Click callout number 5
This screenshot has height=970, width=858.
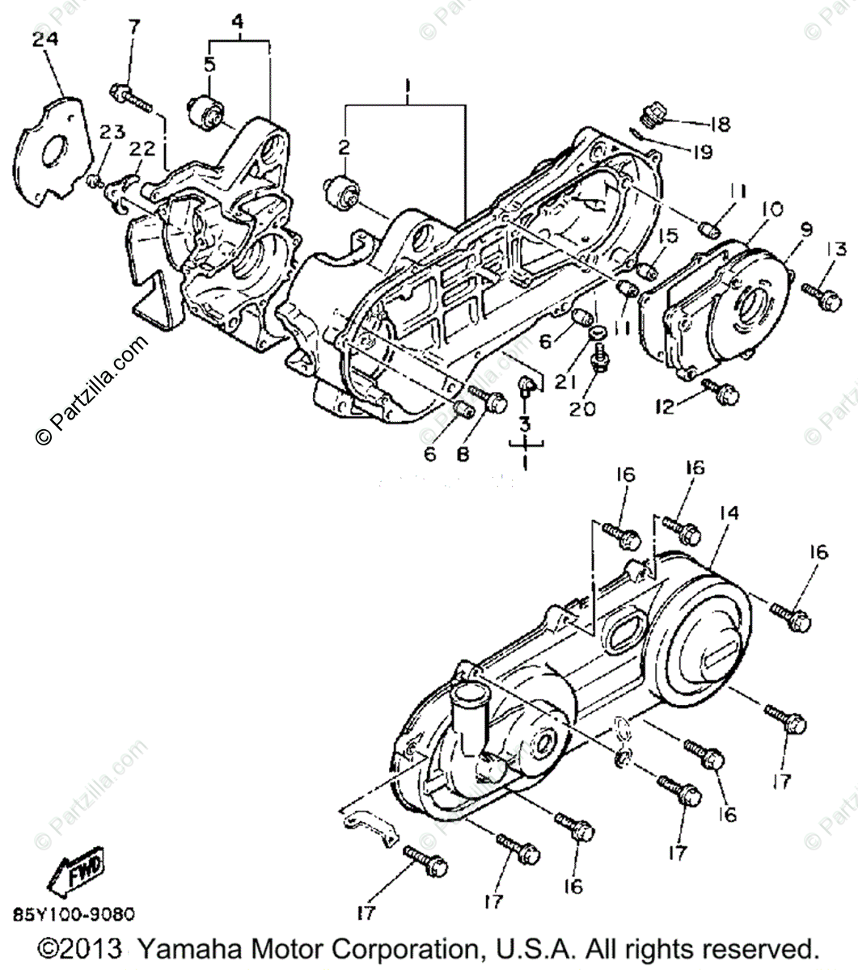pos(209,65)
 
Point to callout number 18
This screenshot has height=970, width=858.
pos(719,124)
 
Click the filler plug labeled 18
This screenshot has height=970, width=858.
pos(653,116)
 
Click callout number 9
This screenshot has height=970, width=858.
pos(783,230)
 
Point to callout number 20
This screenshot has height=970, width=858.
pos(581,409)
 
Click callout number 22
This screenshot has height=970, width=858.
pos(142,149)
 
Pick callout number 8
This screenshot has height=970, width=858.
pos(463,454)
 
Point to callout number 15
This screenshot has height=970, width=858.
pos(666,236)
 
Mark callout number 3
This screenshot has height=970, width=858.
pos(525,424)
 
